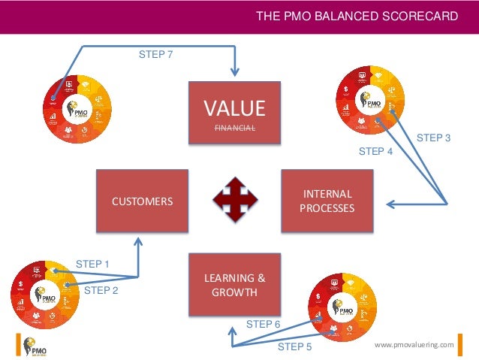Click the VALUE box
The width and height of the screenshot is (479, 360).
coord(235,113)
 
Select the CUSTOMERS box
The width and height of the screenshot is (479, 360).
coord(142,201)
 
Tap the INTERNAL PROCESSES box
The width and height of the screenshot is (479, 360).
coord(327,201)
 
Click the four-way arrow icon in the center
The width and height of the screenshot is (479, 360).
coord(234,200)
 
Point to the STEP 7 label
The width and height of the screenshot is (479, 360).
coord(157,54)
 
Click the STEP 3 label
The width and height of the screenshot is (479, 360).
coord(433,138)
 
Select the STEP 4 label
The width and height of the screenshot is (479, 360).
coord(375,151)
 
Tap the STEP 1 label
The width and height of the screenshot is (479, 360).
coord(92,264)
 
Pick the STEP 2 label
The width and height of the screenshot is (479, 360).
coord(101,289)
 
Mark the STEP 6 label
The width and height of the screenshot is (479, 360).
coord(263,324)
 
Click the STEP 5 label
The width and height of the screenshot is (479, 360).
coord(294,346)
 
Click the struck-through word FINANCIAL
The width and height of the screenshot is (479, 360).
coord(235,129)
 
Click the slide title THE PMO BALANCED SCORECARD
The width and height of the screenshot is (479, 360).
coord(357,16)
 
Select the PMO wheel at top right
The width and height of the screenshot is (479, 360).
coord(369,100)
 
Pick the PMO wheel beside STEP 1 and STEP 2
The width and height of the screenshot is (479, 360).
coord(43,295)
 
